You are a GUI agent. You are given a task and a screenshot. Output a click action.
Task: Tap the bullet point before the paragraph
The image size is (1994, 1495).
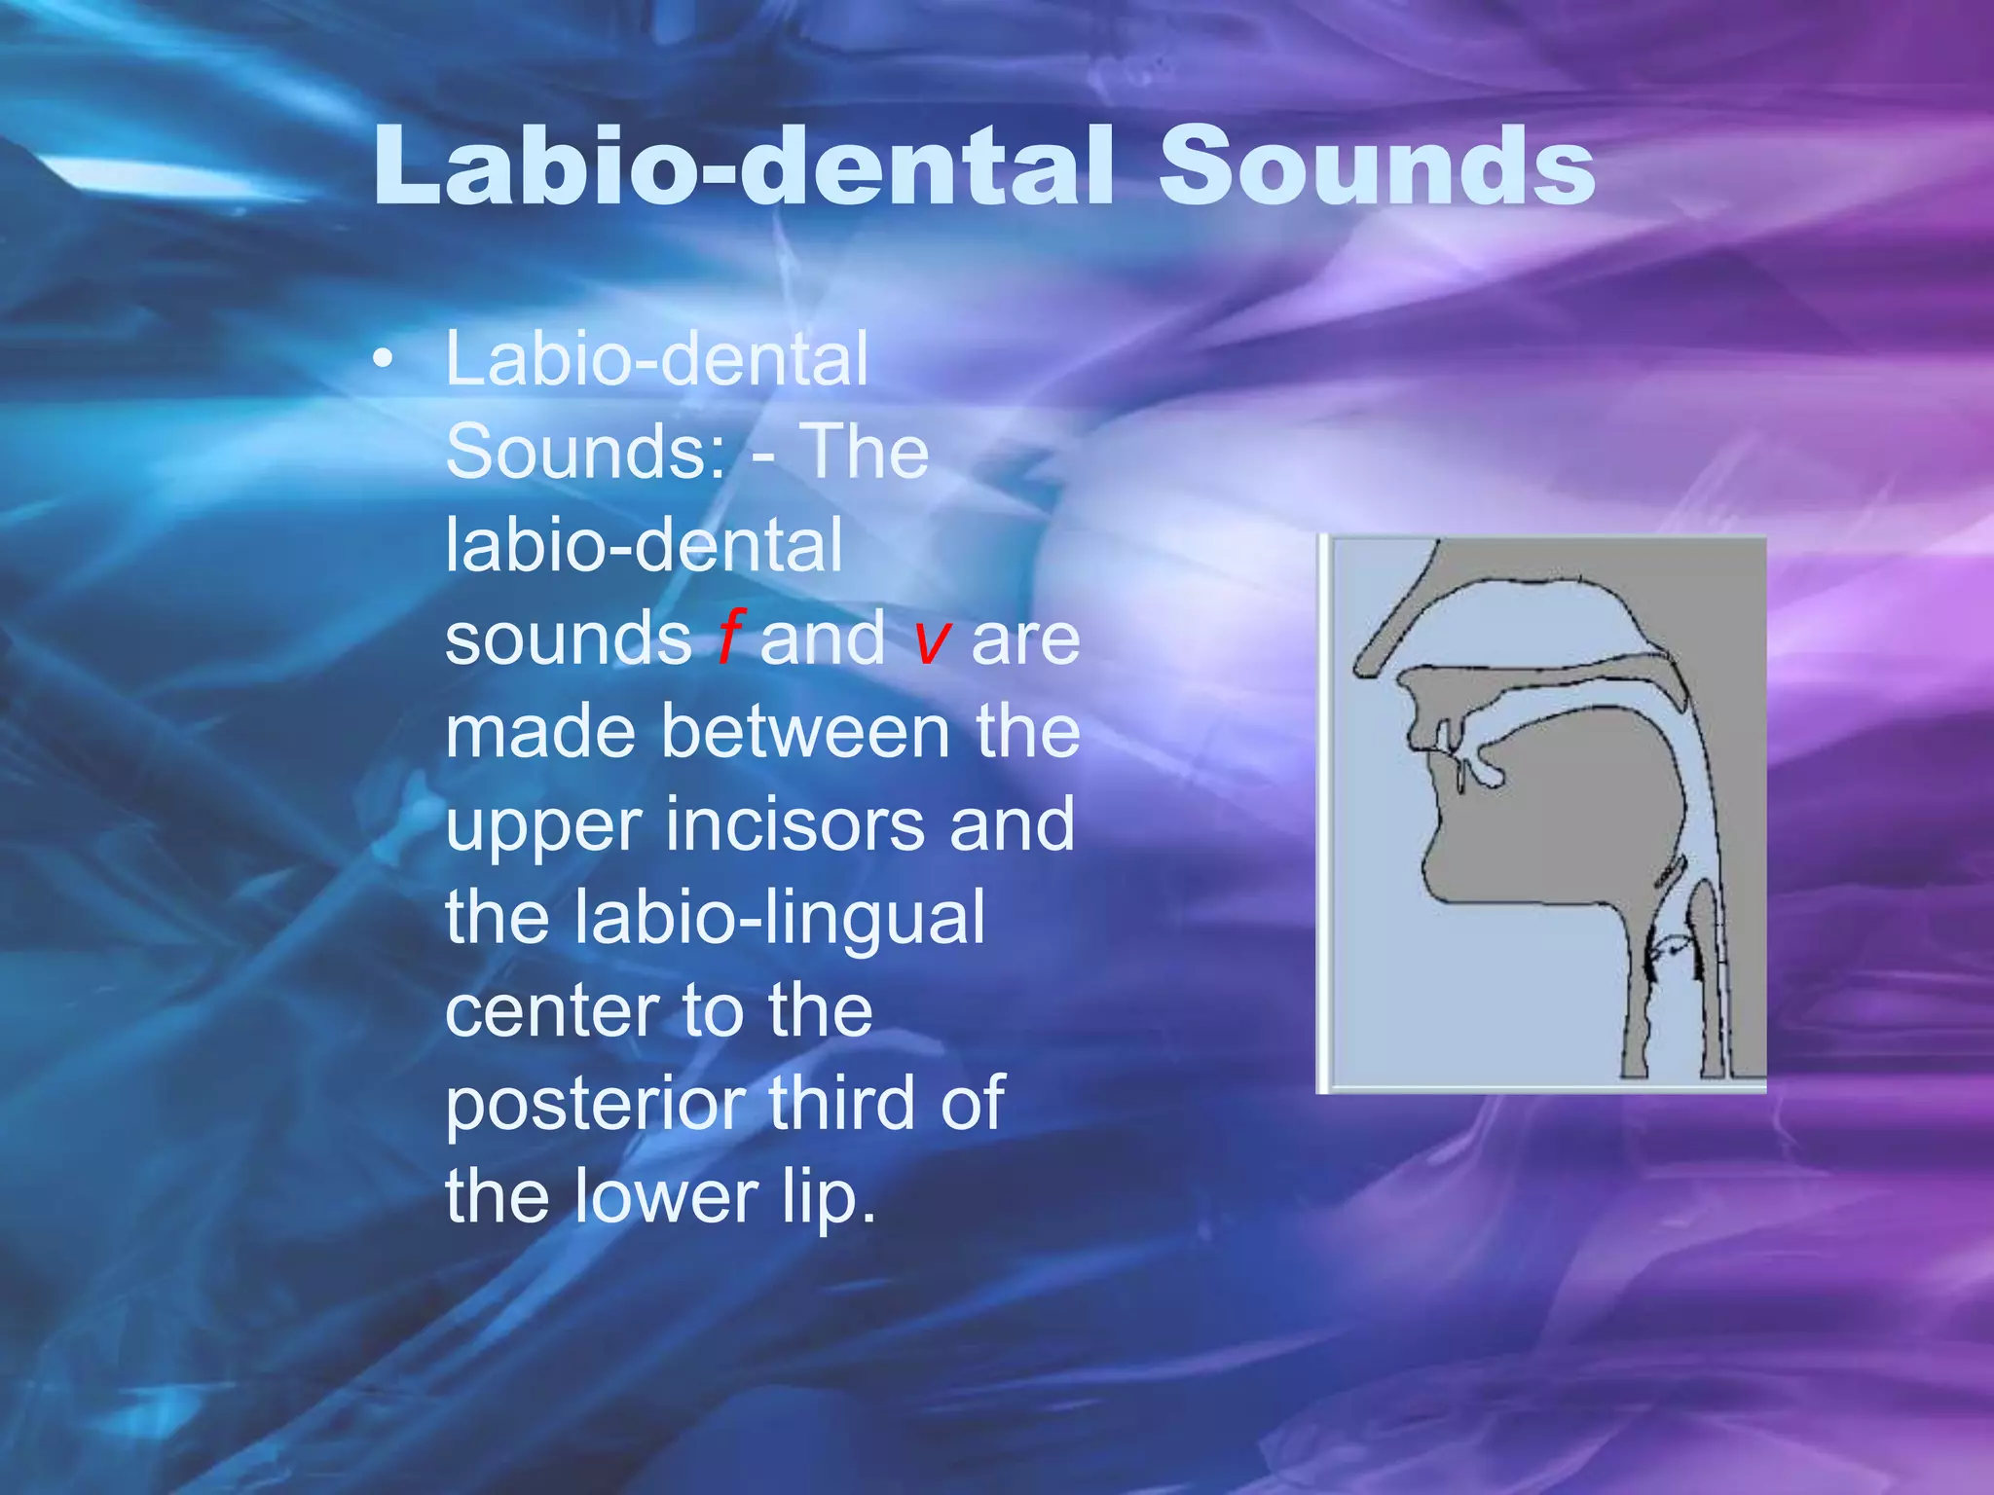[384, 360]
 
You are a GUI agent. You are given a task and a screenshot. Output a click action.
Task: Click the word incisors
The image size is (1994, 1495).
[794, 824]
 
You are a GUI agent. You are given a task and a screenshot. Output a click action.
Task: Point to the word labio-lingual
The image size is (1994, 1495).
[779, 918]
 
